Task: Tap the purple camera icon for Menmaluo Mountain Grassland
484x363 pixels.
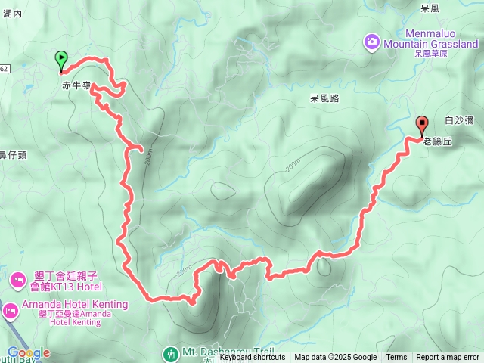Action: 371,41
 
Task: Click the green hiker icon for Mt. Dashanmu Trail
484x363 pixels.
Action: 171,352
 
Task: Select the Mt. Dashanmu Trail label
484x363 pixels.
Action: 220,352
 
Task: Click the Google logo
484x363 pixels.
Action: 28,352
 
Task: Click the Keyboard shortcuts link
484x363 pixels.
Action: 252,358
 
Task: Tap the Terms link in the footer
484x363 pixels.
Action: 396,358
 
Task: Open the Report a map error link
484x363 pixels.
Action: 448,358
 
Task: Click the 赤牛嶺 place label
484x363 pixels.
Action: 76,86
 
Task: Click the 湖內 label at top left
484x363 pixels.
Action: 12,14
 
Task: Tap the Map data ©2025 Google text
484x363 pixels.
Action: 335,358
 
